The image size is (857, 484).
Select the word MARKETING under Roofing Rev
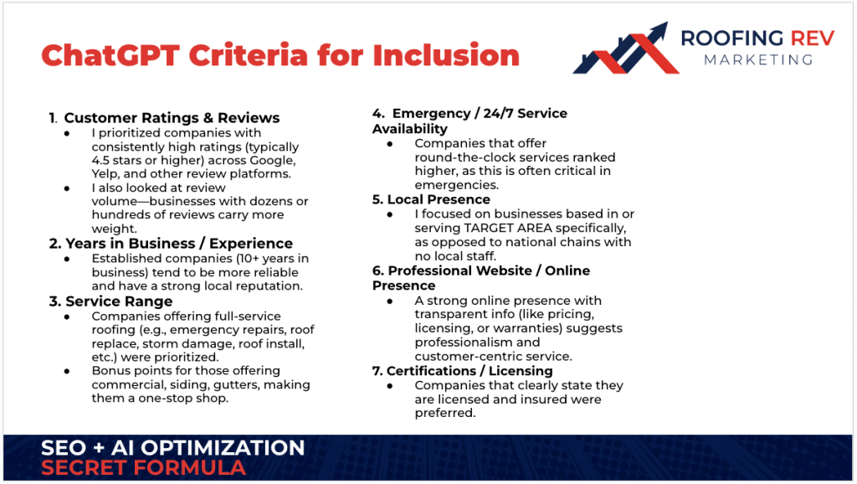757,59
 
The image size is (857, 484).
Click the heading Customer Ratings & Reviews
172,118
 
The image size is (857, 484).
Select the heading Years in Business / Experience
172,244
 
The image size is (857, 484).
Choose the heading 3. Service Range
111,301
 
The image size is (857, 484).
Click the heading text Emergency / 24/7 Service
480,113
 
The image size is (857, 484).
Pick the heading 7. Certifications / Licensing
463,370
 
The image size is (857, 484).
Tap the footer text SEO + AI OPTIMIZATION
172,448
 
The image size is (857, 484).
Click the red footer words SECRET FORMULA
143,467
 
